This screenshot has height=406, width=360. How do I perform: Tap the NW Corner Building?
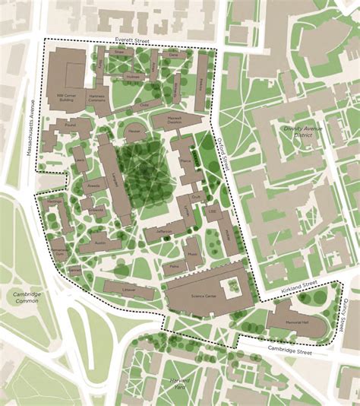click(72, 97)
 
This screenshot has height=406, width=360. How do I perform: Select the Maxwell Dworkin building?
click(175, 119)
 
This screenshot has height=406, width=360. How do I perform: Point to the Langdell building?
click(116, 177)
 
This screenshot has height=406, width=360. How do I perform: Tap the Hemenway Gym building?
click(59, 250)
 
